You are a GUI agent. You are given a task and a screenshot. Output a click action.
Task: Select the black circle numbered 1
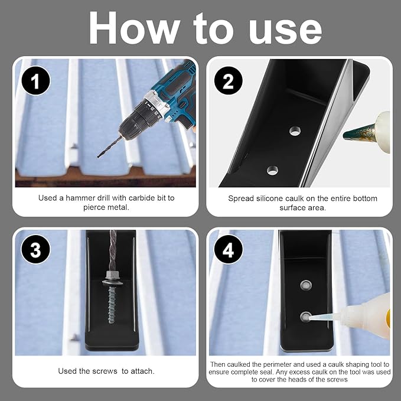pyautogui.click(x=36, y=80)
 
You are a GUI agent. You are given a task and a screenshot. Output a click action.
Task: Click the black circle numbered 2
pyautogui.click(x=229, y=80)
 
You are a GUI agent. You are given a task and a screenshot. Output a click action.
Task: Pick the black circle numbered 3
pyautogui.click(x=36, y=249)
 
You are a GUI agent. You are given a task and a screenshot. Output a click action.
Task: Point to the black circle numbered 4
pyautogui.click(x=229, y=249)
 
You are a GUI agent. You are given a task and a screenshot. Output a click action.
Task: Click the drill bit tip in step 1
pyautogui.click(x=98, y=157)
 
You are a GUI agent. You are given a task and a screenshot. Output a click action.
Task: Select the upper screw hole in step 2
pyautogui.click(x=295, y=131)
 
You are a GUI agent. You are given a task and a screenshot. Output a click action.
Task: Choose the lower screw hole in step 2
pyautogui.click(x=273, y=170)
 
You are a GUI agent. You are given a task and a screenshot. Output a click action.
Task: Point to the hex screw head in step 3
pyautogui.click(x=112, y=278)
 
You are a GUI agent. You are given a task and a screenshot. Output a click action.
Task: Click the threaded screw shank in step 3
pyautogui.click(x=112, y=304)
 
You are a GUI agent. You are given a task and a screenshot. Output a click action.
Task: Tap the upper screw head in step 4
pyautogui.click(x=305, y=285)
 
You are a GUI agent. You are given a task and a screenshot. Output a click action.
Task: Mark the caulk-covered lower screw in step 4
pyautogui.click(x=305, y=317)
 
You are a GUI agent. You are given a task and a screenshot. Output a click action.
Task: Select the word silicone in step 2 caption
pyautogui.click(x=268, y=198)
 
